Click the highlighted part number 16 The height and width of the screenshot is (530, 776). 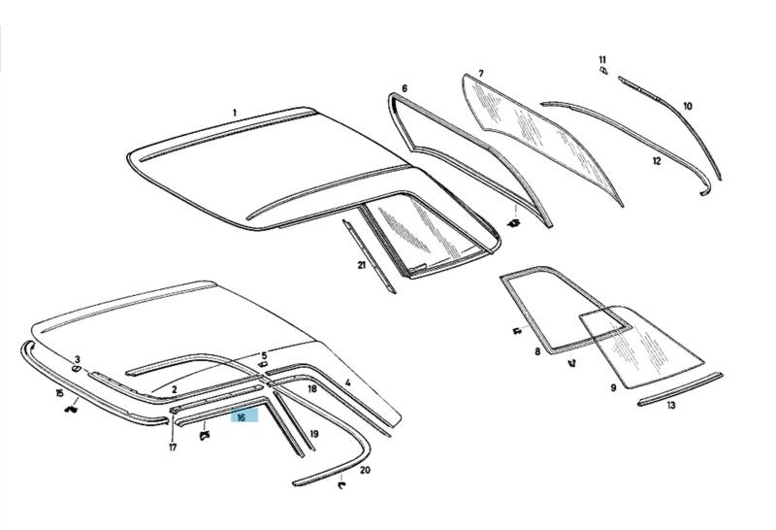[241, 417]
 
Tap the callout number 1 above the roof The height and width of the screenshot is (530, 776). [235, 113]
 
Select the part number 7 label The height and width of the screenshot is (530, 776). [480, 74]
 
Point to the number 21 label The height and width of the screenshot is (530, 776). [361, 265]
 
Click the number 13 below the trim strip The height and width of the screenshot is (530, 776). [671, 405]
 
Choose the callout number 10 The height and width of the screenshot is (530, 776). [688, 106]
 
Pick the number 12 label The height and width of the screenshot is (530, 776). [657, 161]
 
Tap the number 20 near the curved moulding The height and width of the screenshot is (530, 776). [365, 470]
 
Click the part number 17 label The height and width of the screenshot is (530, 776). [173, 447]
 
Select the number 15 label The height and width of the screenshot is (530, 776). [60, 393]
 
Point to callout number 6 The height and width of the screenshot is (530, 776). [404, 88]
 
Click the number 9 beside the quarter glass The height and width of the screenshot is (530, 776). [614, 388]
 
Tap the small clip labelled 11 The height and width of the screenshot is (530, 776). [603, 71]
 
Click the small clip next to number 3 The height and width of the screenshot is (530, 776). [77, 369]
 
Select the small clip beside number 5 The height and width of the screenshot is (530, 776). [262, 365]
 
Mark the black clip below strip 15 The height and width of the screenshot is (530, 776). [72, 409]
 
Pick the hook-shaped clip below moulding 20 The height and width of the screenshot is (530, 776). [341, 485]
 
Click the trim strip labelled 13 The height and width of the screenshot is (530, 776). [681, 389]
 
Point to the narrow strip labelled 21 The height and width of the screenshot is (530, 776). [370, 256]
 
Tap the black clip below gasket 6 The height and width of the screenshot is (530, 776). [514, 222]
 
